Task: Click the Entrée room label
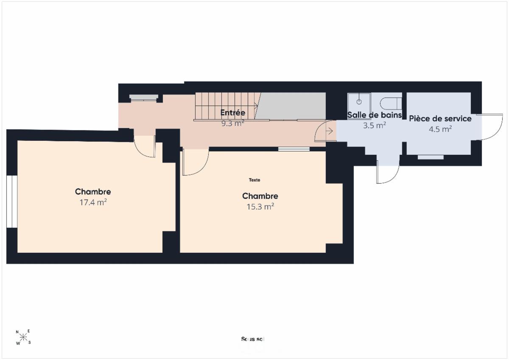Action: tap(233, 112)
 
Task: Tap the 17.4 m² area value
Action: tap(93, 202)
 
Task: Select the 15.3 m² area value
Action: tap(260, 207)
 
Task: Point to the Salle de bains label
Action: tap(375, 115)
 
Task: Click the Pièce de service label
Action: tap(440, 119)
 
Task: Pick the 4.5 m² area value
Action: tap(440, 129)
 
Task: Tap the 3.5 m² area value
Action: tap(375, 125)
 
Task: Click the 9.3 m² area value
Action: tap(233, 123)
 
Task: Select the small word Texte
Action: tap(255, 180)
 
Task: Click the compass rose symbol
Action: tap(23, 337)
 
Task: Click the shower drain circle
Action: tap(359, 102)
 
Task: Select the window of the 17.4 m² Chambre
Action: tap(12, 201)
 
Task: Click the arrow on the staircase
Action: tap(256, 106)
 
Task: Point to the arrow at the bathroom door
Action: tap(329, 131)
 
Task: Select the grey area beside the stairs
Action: tap(291, 106)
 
